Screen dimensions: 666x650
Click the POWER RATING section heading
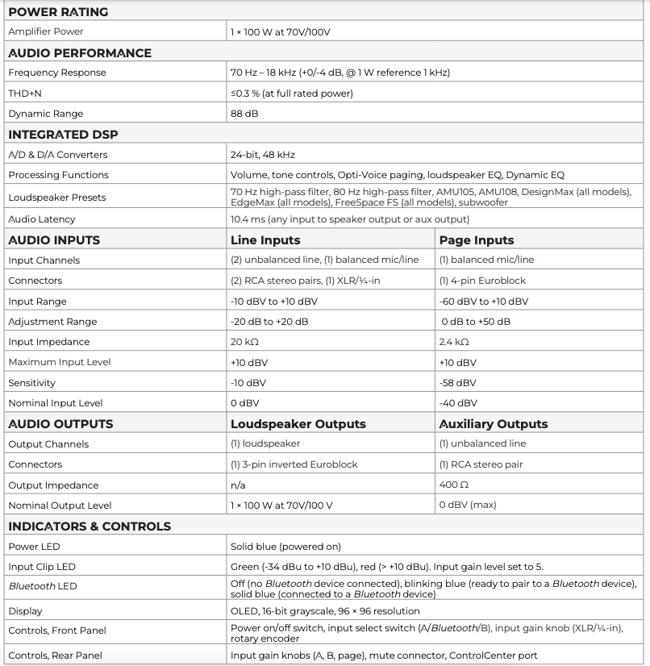click(58, 12)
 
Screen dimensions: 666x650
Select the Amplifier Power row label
click(46, 31)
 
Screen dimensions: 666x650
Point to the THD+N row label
click(27, 93)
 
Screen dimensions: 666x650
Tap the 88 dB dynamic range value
click(244, 114)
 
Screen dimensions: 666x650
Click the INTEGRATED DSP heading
click(63, 135)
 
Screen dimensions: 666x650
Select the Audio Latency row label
click(42, 219)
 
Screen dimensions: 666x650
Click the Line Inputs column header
click(265, 239)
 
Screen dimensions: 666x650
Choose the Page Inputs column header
click(477, 239)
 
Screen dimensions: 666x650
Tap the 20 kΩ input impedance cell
click(244, 342)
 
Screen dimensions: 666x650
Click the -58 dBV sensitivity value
click(457, 382)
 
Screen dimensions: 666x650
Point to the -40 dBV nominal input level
click(457, 403)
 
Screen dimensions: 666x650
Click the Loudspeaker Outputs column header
click(298, 424)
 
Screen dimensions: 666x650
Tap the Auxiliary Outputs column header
click(494, 424)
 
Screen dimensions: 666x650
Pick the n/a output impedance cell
click(238, 485)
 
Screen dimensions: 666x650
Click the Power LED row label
click(34, 547)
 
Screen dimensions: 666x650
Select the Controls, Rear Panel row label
click(55, 655)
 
